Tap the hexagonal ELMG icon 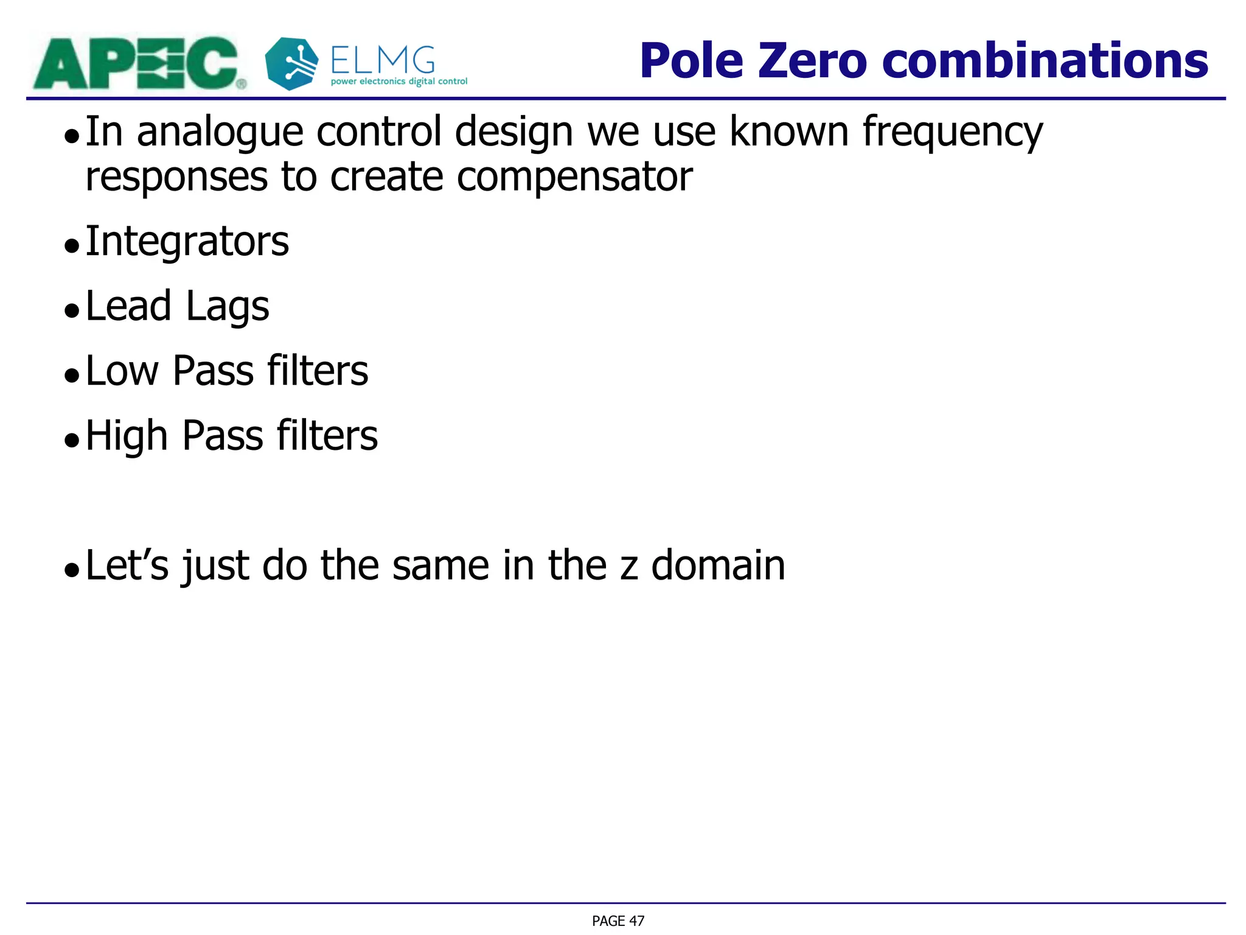(x=291, y=63)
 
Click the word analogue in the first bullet (x=220, y=132)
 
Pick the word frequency (x=953, y=132)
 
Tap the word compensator (x=574, y=177)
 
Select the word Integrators (x=187, y=241)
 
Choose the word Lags (x=228, y=307)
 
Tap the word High (x=127, y=436)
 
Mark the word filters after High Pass (x=327, y=436)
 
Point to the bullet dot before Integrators (x=72, y=246)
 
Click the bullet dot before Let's (x=72, y=570)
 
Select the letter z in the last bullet (x=628, y=566)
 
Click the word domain (x=718, y=566)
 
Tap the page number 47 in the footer (x=636, y=921)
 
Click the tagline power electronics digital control (x=399, y=82)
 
